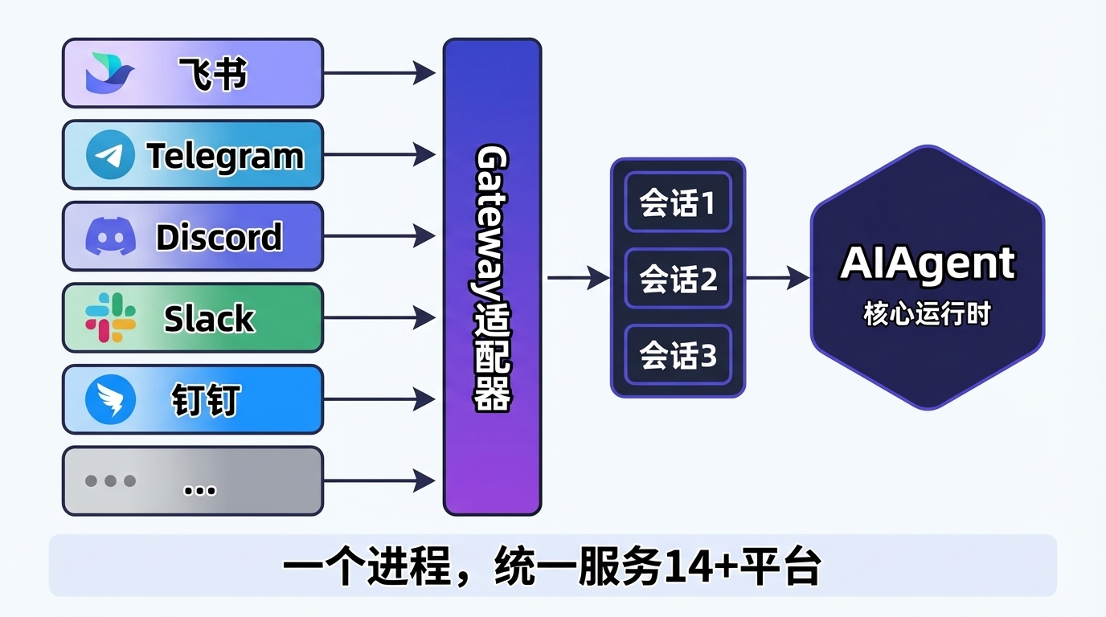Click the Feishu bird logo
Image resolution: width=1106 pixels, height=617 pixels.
tap(109, 73)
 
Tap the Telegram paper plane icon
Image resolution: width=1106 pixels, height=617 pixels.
tap(110, 155)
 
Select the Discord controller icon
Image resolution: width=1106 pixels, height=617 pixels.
tap(111, 236)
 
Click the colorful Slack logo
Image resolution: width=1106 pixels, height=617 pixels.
tap(111, 317)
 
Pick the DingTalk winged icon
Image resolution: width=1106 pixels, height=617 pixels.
tap(111, 398)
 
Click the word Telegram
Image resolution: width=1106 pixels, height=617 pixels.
tap(225, 157)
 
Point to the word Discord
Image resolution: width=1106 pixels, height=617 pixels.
tap(219, 237)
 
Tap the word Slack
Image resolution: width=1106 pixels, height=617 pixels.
tap(209, 318)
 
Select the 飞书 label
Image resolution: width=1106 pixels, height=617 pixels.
tap(212, 74)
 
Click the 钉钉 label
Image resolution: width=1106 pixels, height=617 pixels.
tap(206, 400)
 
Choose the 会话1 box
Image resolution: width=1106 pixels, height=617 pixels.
tap(678, 202)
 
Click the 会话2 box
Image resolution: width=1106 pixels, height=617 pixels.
tap(678, 279)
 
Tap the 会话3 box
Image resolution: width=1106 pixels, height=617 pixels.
tap(678, 355)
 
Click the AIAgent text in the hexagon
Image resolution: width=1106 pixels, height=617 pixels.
tap(928, 264)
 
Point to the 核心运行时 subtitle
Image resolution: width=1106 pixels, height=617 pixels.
tap(928, 314)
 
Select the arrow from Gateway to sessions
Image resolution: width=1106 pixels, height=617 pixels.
tap(579, 278)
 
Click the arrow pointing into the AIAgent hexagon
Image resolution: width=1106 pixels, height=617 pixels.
tap(778, 278)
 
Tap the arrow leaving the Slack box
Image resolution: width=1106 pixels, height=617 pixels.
tap(379, 318)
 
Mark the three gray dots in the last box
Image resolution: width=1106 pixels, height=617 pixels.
tap(110, 480)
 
